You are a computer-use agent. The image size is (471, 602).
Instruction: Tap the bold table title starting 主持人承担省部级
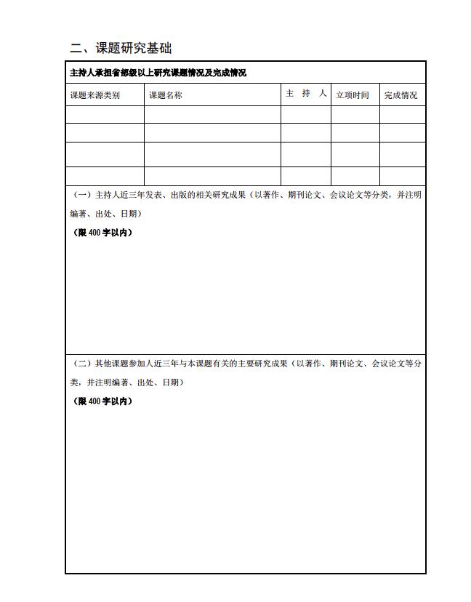[158, 73]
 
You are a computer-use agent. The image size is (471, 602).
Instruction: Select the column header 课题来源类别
[95, 95]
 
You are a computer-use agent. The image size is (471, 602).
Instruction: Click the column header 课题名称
[166, 95]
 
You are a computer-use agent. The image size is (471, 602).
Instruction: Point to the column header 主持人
[306, 94]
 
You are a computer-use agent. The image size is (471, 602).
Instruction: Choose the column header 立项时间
[353, 95]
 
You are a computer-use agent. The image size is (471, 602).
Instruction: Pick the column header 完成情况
[401, 95]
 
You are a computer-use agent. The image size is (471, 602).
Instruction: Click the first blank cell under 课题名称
[212, 115]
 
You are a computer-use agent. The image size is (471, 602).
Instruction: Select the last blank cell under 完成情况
[403, 176]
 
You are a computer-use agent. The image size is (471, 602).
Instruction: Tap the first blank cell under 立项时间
[355, 115]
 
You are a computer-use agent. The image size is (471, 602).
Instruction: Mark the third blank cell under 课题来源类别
[105, 154]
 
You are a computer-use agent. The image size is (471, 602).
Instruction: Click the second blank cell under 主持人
[306, 133]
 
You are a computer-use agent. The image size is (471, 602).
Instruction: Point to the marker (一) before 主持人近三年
[82, 195]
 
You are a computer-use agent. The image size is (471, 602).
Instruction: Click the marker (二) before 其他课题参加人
[82, 364]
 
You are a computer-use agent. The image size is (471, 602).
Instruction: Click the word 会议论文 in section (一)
[347, 195]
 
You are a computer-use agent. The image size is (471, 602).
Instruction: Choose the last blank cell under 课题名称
[212, 176]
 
